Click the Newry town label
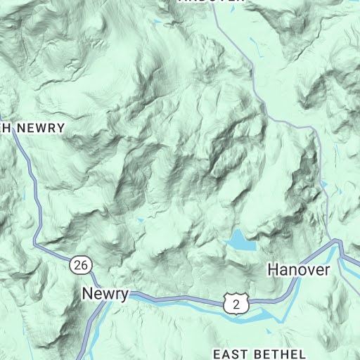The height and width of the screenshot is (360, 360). pyautogui.click(x=105, y=294)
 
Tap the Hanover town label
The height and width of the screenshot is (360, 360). pyautogui.click(x=298, y=269)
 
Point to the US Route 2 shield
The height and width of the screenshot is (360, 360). pyautogui.click(x=236, y=303)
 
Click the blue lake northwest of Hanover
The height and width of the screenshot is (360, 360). pyautogui.click(x=239, y=240)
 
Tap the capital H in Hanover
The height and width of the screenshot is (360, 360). pyautogui.click(x=273, y=269)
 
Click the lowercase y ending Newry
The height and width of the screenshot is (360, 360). pyautogui.click(x=124, y=295)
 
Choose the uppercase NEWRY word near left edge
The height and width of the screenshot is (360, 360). pyautogui.click(x=41, y=128)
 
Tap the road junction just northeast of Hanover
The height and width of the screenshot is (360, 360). pyautogui.click(x=336, y=240)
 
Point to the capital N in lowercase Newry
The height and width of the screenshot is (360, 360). pyautogui.click(x=87, y=294)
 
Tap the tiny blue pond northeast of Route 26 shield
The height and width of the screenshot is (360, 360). pyautogui.click(x=139, y=222)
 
